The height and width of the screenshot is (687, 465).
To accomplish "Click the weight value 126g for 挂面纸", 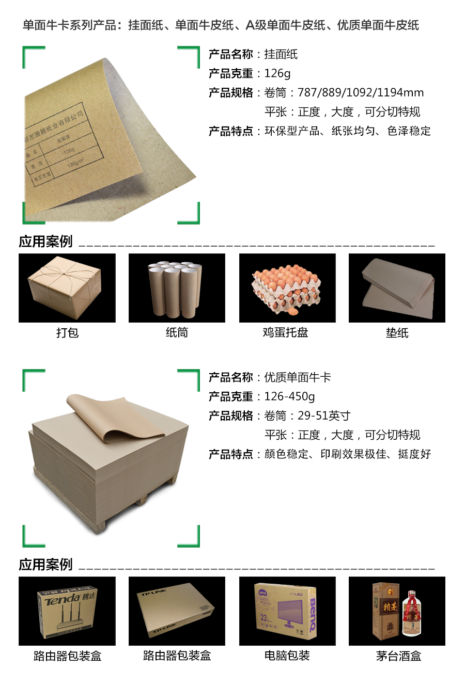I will (x=277, y=73).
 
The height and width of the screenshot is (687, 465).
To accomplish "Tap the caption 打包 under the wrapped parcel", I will (x=67, y=333).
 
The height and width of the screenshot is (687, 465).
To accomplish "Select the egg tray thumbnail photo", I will (x=287, y=288).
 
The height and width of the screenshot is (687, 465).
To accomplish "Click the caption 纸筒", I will (x=177, y=333).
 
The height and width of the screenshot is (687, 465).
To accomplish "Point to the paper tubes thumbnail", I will (x=177, y=288).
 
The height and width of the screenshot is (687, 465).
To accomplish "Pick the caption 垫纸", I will (x=397, y=333).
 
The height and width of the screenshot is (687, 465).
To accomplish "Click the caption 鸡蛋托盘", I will (x=285, y=333).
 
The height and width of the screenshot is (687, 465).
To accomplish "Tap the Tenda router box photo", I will (x=67, y=611).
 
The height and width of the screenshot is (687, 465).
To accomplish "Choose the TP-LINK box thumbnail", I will (x=177, y=611).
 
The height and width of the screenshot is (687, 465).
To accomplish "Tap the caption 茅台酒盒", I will (x=398, y=656).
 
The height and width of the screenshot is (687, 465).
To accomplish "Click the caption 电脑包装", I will (x=287, y=656).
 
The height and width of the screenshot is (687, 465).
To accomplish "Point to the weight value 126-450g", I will (x=289, y=396).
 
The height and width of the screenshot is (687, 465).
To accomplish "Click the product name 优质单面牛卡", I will (x=298, y=377).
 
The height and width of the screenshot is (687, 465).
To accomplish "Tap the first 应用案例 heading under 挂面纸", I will (x=46, y=242).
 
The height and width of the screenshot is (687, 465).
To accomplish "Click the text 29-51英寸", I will (x=324, y=416).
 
